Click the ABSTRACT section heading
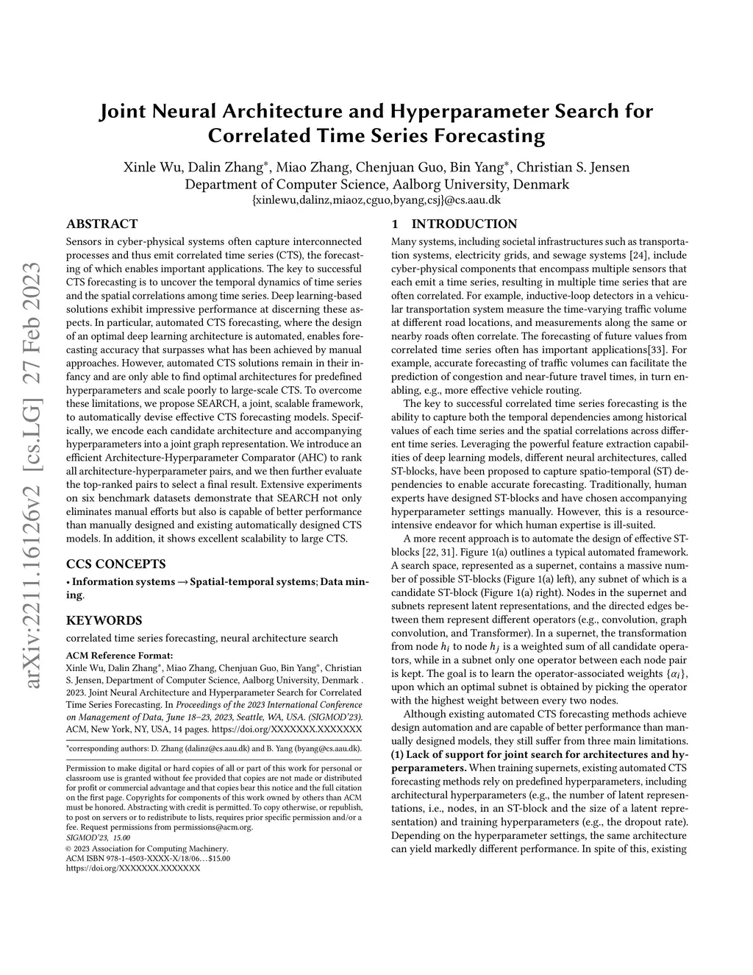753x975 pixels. click(x=101, y=224)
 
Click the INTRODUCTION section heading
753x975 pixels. click(x=464, y=224)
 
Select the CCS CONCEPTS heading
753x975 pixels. click(x=116, y=564)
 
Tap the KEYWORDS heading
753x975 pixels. click(x=104, y=620)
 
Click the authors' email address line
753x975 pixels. click(x=376, y=199)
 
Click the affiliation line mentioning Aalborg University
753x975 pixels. click(x=376, y=184)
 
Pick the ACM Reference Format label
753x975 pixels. click(x=119, y=655)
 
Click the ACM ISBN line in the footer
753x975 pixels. click(x=148, y=858)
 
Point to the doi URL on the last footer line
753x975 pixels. click(x=133, y=868)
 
